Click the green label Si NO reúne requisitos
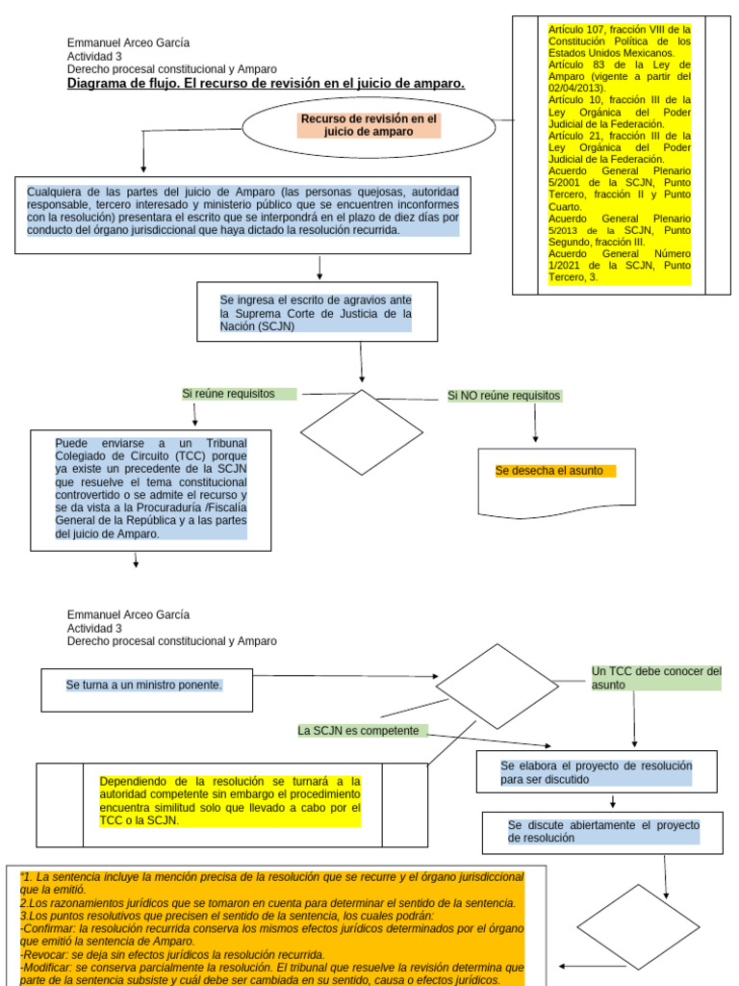click(x=503, y=396)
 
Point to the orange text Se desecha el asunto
click(x=548, y=470)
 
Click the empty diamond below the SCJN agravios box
click(x=362, y=391)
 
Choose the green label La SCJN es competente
click(x=358, y=731)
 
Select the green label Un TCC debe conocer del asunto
click(x=656, y=678)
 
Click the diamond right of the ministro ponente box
click(x=497, y=644)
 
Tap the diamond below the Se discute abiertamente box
click(x=639, y=886)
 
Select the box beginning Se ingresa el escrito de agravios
click(x=317, y=283)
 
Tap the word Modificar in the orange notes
click(x=46, y=968)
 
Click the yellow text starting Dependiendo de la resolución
click(x=230, y=801)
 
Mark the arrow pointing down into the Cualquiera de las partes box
click(x=143, y=151)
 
